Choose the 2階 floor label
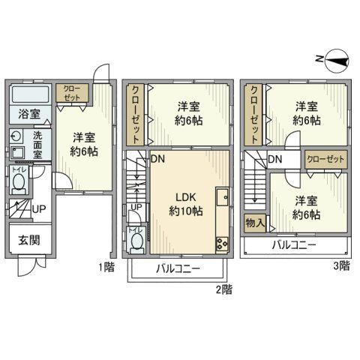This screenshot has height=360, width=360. click(x=222, y=288)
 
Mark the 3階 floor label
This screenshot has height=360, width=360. click(x=340, y=265)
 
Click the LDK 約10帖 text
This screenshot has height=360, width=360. click(x=183, y=204)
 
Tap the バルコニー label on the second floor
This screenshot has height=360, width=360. click(x=178, y=268)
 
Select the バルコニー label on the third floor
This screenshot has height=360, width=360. click(x=293, y=245)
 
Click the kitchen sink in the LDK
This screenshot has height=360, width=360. click(x=222, y=199)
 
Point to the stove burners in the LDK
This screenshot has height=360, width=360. click(x=222, y=242)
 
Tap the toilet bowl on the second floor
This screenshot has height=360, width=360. click(x=136, y=240)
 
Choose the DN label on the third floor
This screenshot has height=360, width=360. click(x=274, y=159)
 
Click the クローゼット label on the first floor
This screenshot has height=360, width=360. click(x=73, y=94)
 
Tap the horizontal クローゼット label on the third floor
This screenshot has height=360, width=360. click(x=325, y=159)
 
